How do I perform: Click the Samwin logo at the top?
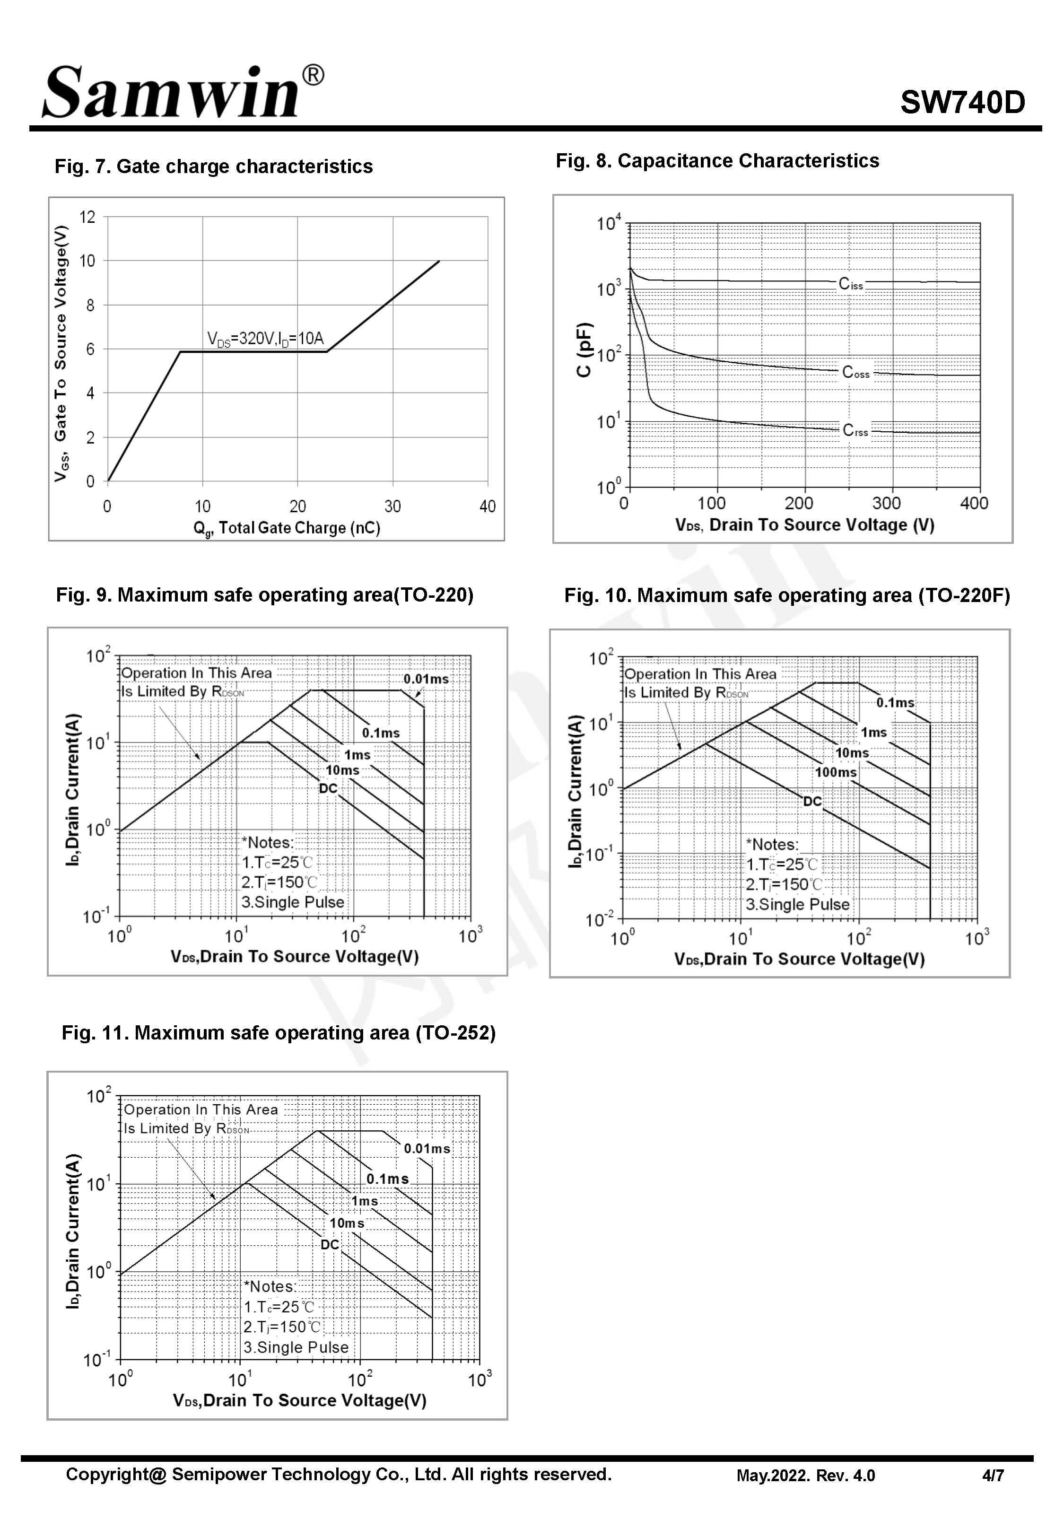(x=182, y=92)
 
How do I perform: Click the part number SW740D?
(x=962, y=103)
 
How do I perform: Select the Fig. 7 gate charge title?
(x=213, y=166)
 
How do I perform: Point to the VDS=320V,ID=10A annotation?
(x=265, y=339)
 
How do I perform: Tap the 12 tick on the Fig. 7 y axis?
(x=87, y=217)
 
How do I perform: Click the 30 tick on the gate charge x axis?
(x=392, y=507)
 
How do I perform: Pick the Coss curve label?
(x=856, y=373)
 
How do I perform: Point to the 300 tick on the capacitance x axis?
(x=886, y=504)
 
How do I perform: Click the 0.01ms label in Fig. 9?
(x=426, y=679)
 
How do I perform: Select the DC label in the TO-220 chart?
(x=328, y=788)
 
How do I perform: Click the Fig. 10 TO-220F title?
(x=787, y=595)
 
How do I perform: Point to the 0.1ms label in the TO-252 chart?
(x=387, y=1179)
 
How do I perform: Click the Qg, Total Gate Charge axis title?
(x=287, y=529)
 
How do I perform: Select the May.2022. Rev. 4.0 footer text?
(x=805, y=1476)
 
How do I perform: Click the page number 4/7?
(x=993, y=1476)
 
